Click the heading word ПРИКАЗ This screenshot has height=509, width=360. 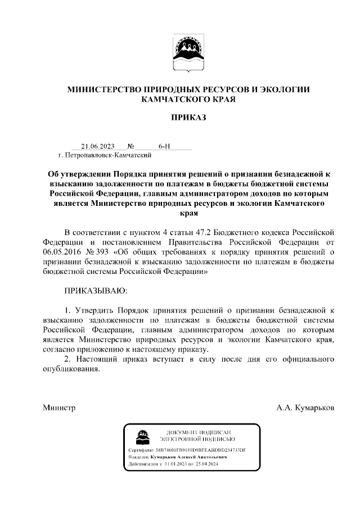tap(189, 118)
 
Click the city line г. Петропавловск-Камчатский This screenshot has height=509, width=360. tap(99, 154)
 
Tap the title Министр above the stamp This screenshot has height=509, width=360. tap(59, 407)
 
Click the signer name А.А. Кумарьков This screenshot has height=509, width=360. tap(305, 407)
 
